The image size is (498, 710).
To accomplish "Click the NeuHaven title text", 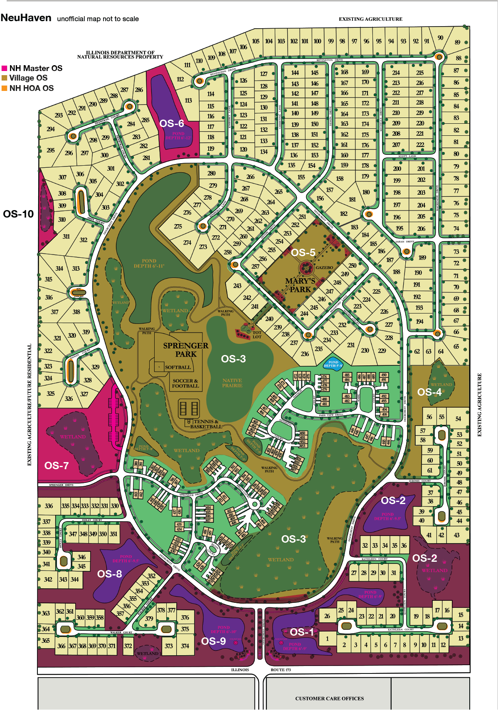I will [x=26, y=18].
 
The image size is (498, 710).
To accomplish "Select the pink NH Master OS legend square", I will [x=5, y=68].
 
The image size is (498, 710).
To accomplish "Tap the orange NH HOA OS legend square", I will [x=5, y=88].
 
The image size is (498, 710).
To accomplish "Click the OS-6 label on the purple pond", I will [x=172, y=123].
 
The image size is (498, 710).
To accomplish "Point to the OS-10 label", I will [x=18, y=214].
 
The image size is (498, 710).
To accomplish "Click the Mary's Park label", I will [x=300, y=285].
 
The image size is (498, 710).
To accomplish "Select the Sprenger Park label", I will [x=185, y=350].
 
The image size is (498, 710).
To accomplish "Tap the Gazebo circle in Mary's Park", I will [x=306, y=268].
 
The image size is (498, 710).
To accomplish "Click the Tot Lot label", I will [x=257, y=334].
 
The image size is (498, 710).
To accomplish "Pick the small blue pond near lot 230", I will [x=333, y=363].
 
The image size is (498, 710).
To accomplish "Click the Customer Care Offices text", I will [x=329, y=698].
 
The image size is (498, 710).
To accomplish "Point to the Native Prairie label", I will [x=232, y=383].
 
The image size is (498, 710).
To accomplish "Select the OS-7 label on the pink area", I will [x=57, y=465].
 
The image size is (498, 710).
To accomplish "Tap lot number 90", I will [x=440, y=38].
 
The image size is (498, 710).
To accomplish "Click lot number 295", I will [x=51, y=150].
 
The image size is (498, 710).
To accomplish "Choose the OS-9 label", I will [x=214, y=641].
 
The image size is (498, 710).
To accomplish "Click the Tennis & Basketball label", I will [x=206, y=424].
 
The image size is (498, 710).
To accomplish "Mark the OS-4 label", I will [x=429, y=392].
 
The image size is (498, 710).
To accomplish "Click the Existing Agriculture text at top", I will [x=370, y=19].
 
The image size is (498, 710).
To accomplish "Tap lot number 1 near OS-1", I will [x=328, y=639].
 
